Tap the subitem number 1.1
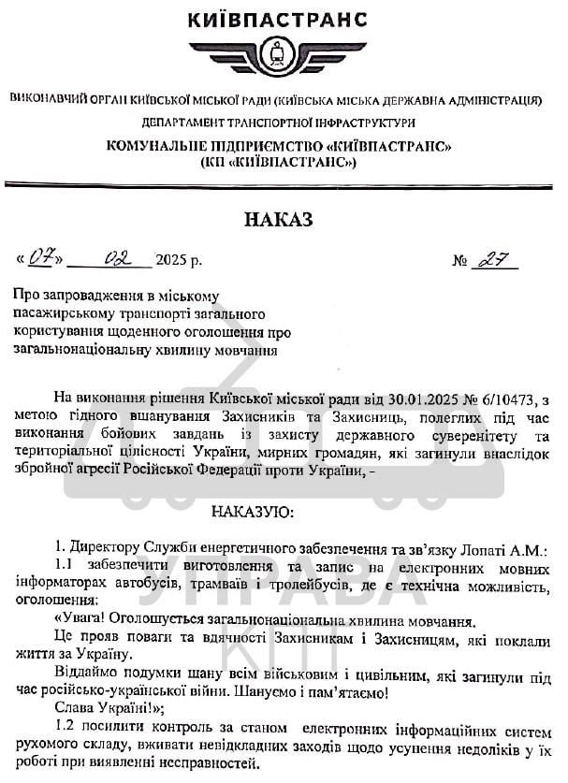[66, 565]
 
